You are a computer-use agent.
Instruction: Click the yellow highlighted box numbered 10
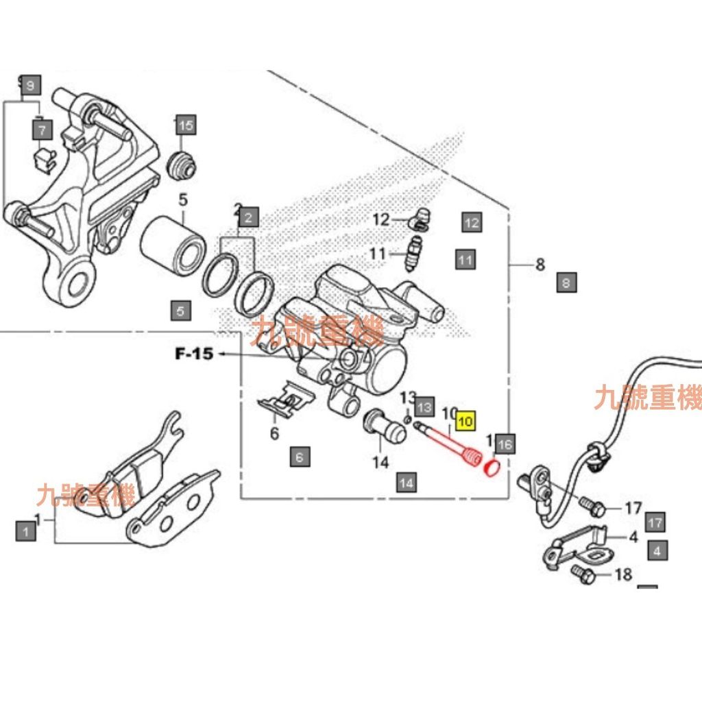465,421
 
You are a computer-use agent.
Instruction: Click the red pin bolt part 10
449,446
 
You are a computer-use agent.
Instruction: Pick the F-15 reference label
194,354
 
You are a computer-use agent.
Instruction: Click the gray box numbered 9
29,86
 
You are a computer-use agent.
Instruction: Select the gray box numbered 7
42,128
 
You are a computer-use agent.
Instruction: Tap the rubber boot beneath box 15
182,163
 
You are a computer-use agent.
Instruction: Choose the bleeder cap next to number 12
420,219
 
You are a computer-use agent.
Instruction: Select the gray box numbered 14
407,483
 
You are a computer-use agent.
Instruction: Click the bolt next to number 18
582,574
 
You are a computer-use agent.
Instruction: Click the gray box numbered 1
25,530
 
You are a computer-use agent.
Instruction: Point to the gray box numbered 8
567,282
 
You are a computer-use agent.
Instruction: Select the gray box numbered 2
247,218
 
